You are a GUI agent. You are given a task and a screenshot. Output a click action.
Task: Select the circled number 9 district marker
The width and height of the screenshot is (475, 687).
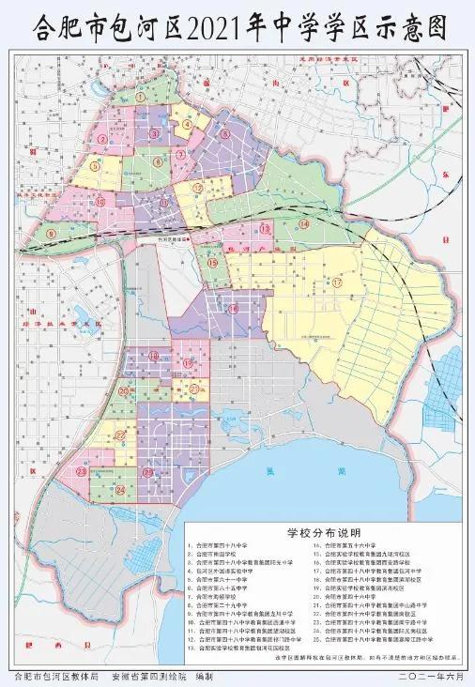51,233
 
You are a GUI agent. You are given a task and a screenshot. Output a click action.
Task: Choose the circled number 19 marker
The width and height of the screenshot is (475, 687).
187,362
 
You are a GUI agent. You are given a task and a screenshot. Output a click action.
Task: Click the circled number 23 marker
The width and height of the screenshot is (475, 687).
82,470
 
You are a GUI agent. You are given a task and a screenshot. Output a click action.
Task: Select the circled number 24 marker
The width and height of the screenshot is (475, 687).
120,489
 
